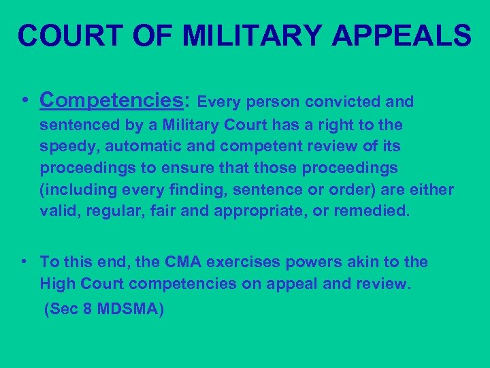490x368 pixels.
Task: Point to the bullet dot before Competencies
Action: [x=24, y=101]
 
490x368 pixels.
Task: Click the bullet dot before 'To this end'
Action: [x=24, y=262]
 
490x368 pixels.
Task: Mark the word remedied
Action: [x=374, y=211]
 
